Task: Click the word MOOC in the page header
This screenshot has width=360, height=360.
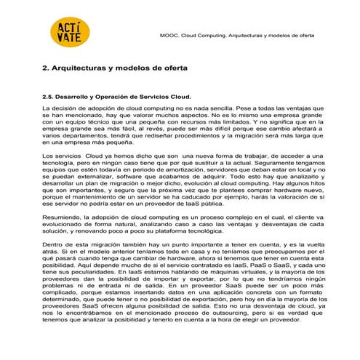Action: pyautogui.click(x=168, y=35)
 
